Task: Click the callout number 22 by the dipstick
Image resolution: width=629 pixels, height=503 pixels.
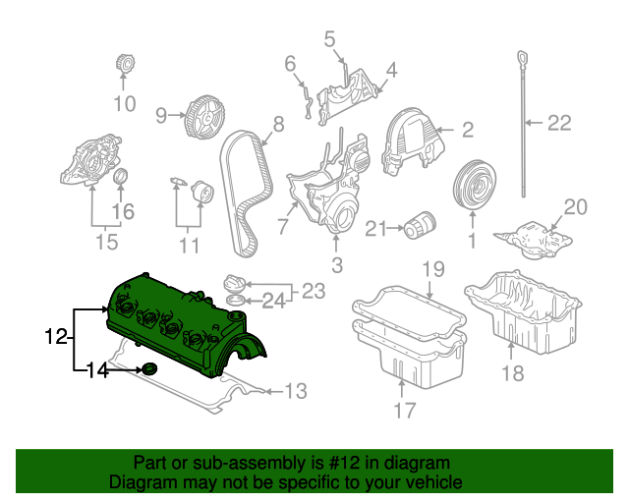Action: [x=559, y=123]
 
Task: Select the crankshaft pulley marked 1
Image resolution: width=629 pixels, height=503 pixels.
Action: [x=474, y=185]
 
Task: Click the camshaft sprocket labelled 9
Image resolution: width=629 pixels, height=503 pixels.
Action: [x=204, y=118]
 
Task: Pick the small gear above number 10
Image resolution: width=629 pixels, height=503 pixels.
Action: [x=125, y=63]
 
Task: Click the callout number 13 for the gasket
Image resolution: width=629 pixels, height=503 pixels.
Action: [x=296, y=391]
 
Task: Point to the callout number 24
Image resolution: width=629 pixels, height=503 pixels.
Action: [x=274, y=301]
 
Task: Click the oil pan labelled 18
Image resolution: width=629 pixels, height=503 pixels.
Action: [x=523, y=310]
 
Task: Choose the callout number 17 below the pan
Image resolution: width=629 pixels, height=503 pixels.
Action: [x=404, y=410]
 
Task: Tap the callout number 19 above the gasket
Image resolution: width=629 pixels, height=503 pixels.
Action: [x=433, y=269]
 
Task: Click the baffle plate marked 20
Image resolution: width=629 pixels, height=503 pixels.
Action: [x=533, y=240]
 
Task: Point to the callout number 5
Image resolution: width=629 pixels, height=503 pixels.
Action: [x=329, y=39]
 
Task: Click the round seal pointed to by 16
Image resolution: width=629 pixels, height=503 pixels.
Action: [x=121, y=176]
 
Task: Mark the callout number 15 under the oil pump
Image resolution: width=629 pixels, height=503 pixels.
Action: [x=107, y=242]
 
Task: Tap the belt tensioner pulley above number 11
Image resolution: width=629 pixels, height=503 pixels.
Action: [x=202, y=193]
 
